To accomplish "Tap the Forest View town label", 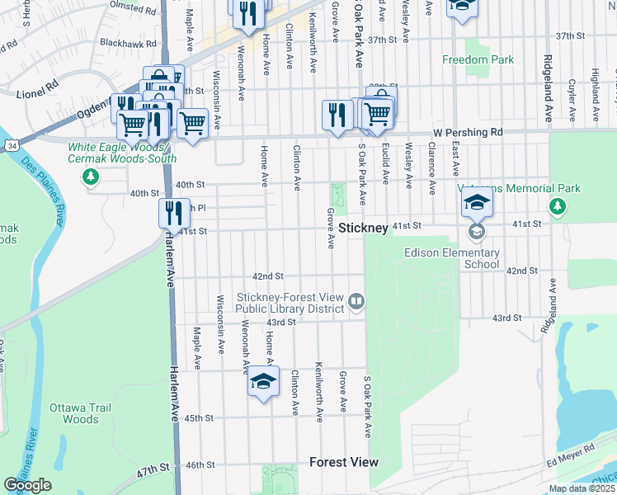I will click(343, 462).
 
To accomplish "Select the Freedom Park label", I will click(478, 59).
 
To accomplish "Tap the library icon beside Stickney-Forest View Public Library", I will click(356, 302).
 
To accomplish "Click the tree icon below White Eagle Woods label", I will click(91, 176).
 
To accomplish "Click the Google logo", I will click(27, 485).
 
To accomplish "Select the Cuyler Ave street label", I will click(572, 87).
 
